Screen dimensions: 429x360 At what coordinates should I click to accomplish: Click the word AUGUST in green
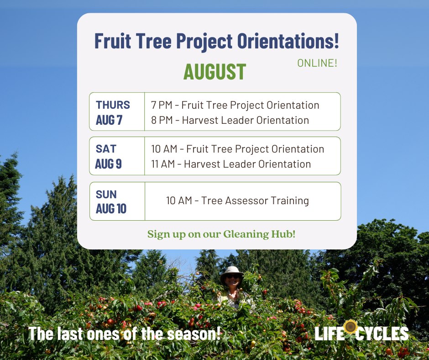point(215,72)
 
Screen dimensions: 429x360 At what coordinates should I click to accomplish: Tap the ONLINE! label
point(317,63)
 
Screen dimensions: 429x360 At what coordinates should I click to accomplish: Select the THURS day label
point(113,105)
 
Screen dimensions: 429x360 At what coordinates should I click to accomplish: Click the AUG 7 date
point(109,120)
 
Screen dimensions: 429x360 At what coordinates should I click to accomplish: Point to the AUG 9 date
point(108,164)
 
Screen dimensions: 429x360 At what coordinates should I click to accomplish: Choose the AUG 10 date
point(111,208)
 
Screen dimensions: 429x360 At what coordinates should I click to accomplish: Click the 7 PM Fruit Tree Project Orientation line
point(235,105)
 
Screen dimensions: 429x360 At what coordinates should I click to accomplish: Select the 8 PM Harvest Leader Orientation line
point(230,120)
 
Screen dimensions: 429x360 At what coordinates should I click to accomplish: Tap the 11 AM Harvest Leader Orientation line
point(231,164)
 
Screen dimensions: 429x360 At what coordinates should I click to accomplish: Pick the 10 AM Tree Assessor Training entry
point(237,201)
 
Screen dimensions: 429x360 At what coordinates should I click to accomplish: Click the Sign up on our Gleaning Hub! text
point(221,234)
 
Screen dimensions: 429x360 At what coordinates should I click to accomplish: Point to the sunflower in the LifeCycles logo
point(351,327)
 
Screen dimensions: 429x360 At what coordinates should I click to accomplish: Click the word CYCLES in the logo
point(382,334)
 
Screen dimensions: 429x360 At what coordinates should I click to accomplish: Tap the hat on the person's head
point(232,272)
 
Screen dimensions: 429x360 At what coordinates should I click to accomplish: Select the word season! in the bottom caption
point(194,334)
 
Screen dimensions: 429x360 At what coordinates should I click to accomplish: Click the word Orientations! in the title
point(288,41)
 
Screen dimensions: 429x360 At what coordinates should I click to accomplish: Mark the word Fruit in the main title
point(112,41)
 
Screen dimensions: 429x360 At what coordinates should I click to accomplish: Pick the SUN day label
point(106,195)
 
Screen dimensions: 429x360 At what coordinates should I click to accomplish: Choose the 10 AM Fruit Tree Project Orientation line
point(237,149)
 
